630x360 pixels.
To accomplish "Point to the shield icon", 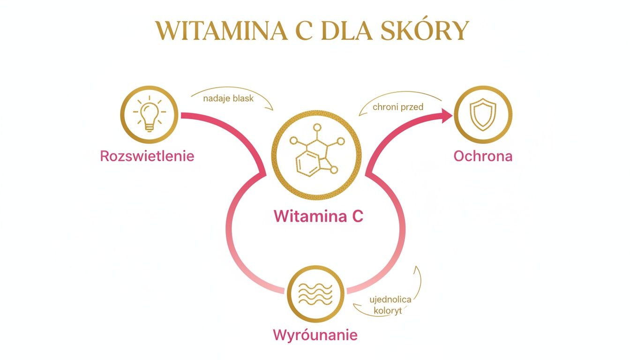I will [x=483, y=115].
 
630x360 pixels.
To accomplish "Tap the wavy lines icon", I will [x=315, y=294].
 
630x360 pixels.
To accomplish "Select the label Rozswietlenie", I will [x=147, y=156].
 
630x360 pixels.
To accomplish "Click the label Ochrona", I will [x=483, y=156].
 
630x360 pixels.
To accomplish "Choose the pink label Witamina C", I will [x=318, y=217].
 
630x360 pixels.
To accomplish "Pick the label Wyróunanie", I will [x=315, y=335].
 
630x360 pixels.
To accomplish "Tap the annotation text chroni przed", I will [x=398, y=107].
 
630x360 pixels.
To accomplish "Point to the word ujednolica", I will [x=390, y=300].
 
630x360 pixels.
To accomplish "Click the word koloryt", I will [x=388, y=310].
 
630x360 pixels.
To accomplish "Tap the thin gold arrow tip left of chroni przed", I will [x=360, y=115].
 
